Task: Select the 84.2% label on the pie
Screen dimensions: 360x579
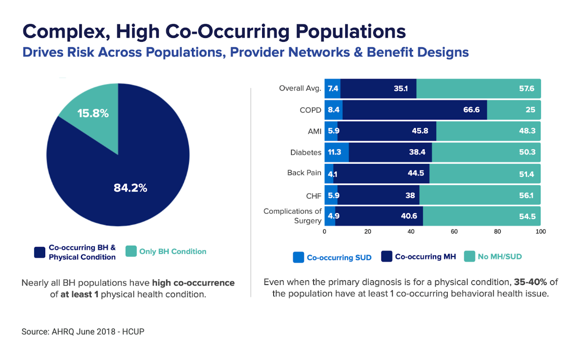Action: point(130,188)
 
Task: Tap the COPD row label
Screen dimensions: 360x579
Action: point(311,110)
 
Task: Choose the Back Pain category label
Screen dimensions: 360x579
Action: point(304,173)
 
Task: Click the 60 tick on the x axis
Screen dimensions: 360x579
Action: point(454,232)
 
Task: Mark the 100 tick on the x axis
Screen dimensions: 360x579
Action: point(541,232)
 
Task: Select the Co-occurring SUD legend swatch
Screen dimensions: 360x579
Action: point(299,258)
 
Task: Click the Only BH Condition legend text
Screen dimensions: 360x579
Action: point(173,251)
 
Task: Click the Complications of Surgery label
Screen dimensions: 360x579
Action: point(292,216)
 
